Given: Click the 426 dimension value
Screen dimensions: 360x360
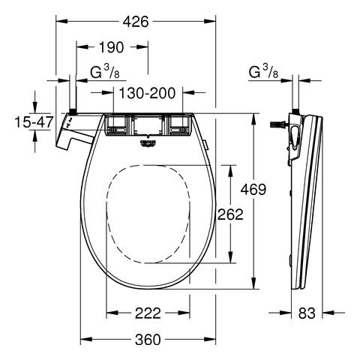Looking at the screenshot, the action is (x=136, y=22).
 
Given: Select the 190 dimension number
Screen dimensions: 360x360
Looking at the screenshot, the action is (x=112, y=47).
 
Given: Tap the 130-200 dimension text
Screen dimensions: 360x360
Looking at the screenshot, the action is (x=147, y=93).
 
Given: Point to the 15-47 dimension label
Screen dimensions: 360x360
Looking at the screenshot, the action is (x=34, y=122).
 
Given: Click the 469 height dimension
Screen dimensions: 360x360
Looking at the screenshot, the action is (x=253, y=189).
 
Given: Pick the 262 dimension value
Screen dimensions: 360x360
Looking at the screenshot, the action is (x=230, y=214).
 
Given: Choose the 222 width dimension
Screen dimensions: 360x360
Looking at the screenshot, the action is (x=148, y=313).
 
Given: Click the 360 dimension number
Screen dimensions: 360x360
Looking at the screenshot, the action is (x=148, y=340).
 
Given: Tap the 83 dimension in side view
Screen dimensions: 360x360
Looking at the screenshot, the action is (x=307, y=313).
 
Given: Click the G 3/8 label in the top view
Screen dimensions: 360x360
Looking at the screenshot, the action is (x=105, y=73).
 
